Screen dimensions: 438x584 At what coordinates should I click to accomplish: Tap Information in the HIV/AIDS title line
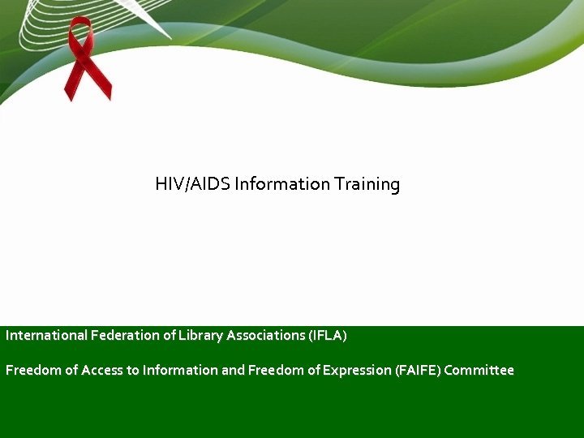(281, 184)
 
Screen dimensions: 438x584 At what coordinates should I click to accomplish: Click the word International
(46, 335)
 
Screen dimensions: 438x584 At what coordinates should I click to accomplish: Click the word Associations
(265, 335)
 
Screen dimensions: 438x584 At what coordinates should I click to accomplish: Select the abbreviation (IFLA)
(327, 335)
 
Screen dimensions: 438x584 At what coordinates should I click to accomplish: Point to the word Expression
(357, 371)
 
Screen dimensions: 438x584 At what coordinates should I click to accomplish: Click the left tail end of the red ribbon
(71, 93)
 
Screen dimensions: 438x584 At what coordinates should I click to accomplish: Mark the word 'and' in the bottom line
(233, 370)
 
